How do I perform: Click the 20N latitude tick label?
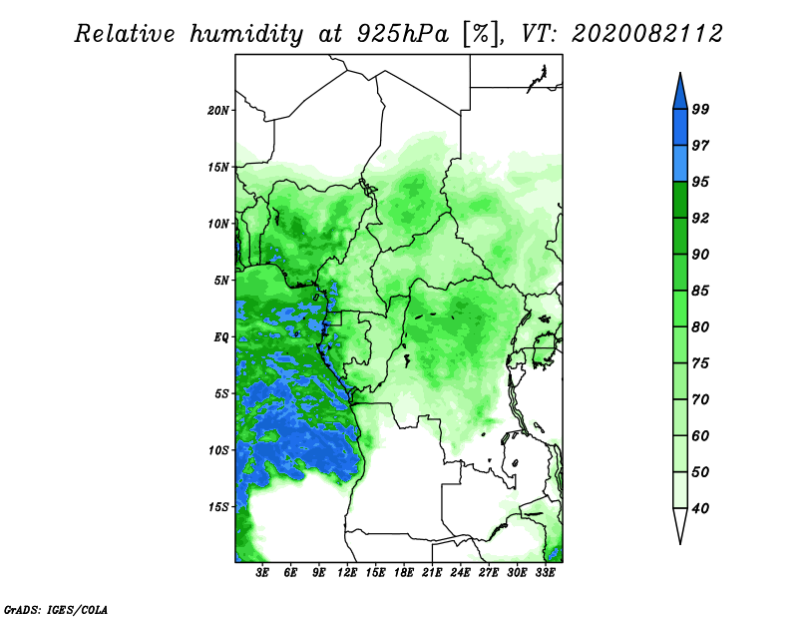tap(217, 111)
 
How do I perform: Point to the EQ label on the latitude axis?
tap(220, 337)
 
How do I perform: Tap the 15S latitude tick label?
tap(217, 507)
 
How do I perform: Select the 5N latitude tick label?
tap(220, 281)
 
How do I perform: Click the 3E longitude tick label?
tap(262, 572)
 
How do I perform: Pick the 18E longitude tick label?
tap(404, 572)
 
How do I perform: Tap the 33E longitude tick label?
tap(545, 572)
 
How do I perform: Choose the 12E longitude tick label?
tap(347, 572)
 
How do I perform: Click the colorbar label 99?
tap(700, 109)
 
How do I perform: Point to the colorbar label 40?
tap(700, 508)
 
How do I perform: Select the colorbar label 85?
tap(700, 291)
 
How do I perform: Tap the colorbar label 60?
tap(700, 436)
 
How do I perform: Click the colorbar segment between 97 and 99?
tap(680, 128)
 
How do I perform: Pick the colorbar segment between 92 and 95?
tap(680, 200)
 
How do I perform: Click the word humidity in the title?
tap(246, 34)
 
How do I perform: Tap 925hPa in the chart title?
tap(403, 34)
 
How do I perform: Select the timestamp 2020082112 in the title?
tap(646, 34)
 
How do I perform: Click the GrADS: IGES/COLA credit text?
tap(56, 609)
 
